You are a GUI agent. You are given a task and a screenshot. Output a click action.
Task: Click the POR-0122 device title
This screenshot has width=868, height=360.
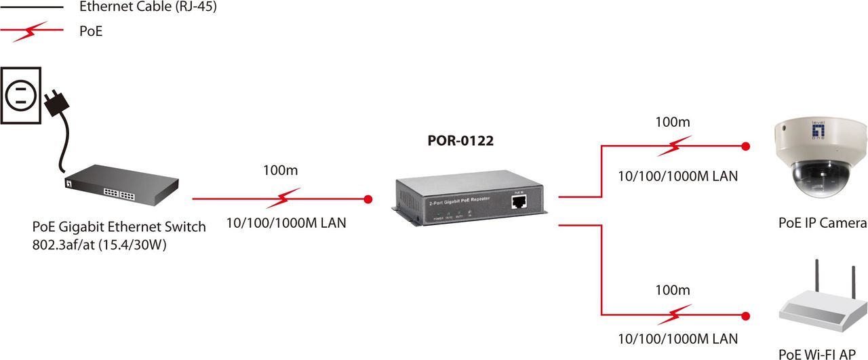[460, 141]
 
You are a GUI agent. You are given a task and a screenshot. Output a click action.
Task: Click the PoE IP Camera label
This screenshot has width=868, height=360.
[822, 223]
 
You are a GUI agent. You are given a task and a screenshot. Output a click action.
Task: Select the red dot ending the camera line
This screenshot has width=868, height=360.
[746, 146]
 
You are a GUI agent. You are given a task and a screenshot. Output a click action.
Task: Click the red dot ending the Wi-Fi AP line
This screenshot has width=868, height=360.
[747, 315]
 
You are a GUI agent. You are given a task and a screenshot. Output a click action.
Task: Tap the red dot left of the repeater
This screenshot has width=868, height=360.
[368, 199]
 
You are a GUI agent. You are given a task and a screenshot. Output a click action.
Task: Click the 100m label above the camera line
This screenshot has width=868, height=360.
[672, 123]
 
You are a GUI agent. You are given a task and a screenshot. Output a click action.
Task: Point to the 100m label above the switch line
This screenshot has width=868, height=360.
[280, 170]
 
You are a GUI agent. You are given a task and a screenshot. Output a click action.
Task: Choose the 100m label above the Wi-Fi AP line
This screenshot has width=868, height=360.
[672, 290]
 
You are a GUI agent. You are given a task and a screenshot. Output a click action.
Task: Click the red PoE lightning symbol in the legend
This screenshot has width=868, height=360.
[33, 31]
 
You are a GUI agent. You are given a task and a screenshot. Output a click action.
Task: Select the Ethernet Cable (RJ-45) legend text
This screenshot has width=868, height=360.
[148, 8]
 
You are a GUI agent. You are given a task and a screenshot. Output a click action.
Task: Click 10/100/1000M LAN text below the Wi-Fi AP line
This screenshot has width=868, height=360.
[677, 338]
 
